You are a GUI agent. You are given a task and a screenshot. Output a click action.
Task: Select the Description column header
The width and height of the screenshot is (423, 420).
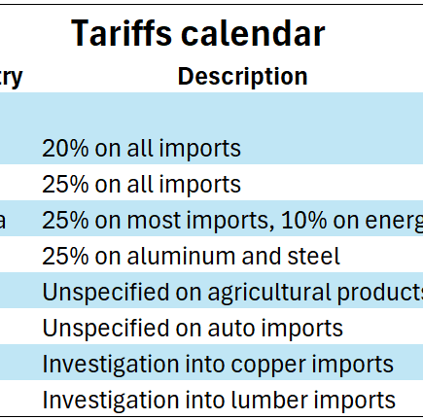[x=242, y=77]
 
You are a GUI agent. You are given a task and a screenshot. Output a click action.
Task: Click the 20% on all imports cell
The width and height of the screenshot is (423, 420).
[x=141, y=149]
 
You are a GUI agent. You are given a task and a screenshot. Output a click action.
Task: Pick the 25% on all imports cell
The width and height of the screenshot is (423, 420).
[x=141, y=185]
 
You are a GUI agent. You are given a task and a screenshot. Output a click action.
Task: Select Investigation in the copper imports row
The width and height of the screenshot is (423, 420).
[x=107, y=365]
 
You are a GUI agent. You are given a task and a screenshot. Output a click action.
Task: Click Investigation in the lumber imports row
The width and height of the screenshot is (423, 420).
[x=107, y=400]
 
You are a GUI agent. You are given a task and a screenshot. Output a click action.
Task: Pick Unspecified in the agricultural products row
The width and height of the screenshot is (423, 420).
[x=102, y=293]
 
